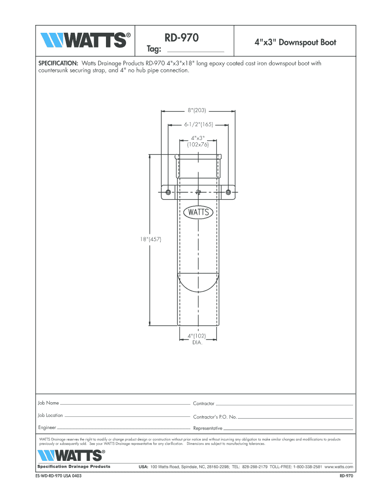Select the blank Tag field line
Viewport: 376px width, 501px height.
195,51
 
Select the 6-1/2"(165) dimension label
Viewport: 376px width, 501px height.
198,125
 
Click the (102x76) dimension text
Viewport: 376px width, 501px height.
198,144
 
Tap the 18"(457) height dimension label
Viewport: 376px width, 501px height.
149,239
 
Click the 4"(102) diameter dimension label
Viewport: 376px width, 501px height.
197,336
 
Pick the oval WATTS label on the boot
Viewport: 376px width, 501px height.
197,212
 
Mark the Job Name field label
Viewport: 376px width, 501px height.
48,403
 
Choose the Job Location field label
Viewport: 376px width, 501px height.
50,415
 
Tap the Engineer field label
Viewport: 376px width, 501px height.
47,428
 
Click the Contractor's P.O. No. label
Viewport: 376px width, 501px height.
215,417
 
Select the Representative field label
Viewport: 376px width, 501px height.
208,428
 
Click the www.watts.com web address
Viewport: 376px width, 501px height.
338,467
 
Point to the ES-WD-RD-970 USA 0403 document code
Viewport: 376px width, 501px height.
55,477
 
